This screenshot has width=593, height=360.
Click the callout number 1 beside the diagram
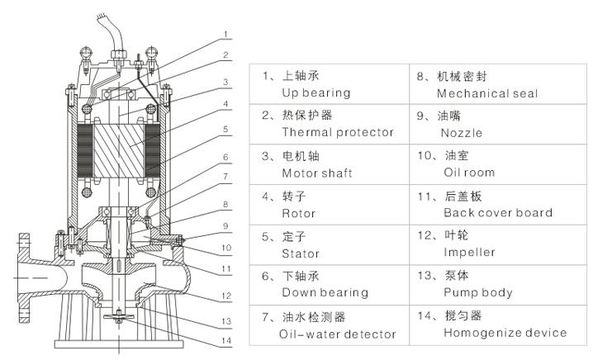(225, 34)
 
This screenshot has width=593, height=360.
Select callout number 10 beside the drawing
(225, 246)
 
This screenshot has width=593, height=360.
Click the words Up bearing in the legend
(316, 93)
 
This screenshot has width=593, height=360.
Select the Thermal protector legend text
(338, 132)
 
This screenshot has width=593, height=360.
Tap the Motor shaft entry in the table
(317, 173)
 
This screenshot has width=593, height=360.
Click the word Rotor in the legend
(300, 213)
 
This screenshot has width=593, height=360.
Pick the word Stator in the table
(301, 253)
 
